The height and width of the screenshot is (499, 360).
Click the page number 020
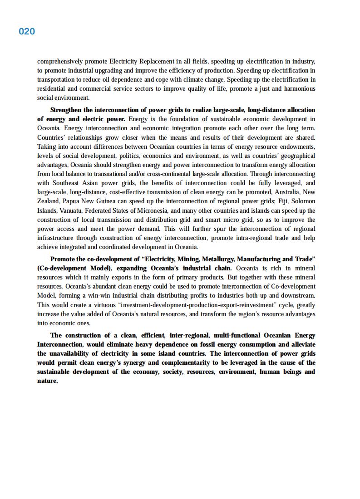(x=27, y=31)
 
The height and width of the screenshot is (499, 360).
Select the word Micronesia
(x=154, y=210)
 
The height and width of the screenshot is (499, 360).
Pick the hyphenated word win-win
(x=100, y=296)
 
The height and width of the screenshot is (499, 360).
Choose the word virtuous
(x=105, y=305)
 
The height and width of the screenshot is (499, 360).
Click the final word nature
(x=47, y=381)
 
